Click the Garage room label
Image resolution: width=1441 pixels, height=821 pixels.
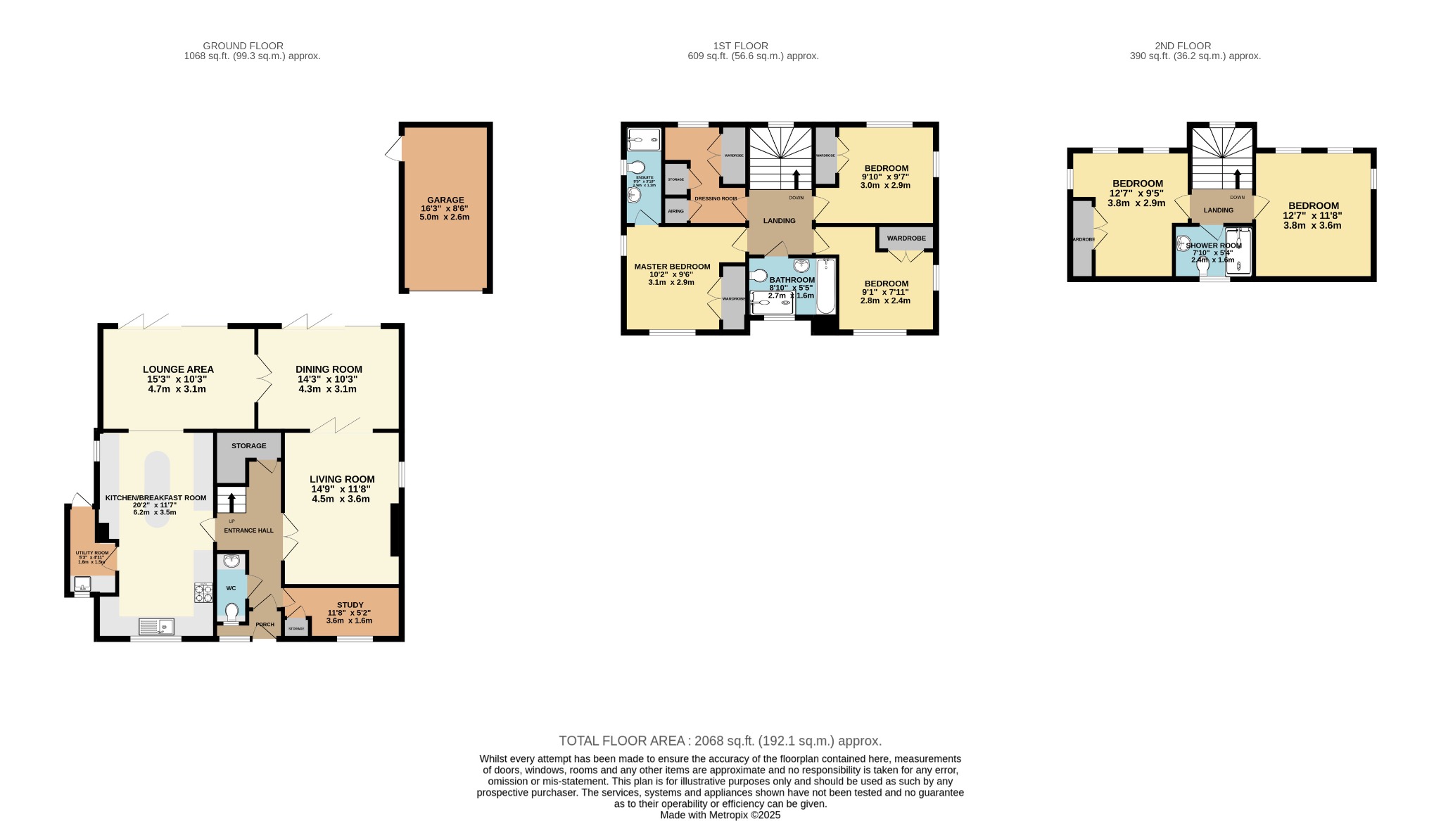coord(445,200)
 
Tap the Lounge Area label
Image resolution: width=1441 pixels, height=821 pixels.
coord(178,369)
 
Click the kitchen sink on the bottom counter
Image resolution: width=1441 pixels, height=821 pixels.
coord(156,625)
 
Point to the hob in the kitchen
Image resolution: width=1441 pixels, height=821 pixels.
coord(203,593)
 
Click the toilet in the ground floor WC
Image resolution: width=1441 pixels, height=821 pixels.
coord(231,611)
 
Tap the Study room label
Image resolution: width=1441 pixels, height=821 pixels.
coord(350,605)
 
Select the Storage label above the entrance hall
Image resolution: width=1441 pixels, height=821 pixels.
coord(249,446)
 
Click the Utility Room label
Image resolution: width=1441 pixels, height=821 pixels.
coord(92,553)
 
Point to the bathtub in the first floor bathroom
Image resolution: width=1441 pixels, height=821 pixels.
coord(826,286)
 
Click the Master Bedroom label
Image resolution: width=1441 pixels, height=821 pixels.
coord(672,267)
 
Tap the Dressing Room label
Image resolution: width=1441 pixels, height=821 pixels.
coord(716,198)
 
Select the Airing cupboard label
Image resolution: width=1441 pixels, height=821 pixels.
coord(675,211)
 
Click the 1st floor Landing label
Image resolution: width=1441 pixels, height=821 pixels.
coord(780,221)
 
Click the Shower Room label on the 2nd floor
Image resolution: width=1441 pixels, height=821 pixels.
coord(1214,246)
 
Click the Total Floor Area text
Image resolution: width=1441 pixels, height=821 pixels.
coord(720,741)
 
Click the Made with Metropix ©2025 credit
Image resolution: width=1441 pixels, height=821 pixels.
coord(720,815)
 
